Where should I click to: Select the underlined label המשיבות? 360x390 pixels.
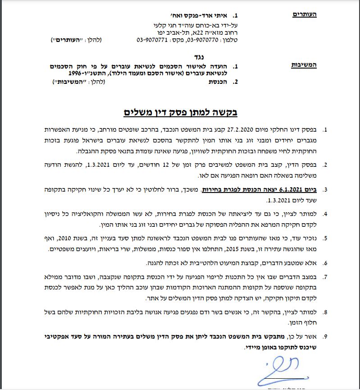point(304,66)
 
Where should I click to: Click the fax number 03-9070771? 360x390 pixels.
point(150,40)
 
